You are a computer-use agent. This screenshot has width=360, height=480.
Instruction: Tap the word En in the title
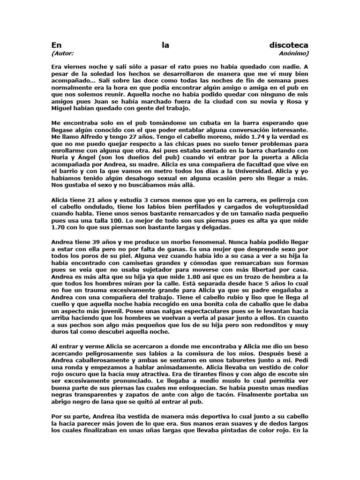56,45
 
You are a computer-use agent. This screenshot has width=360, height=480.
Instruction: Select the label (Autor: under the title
62,53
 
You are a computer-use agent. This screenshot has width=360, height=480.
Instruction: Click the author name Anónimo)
293,53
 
